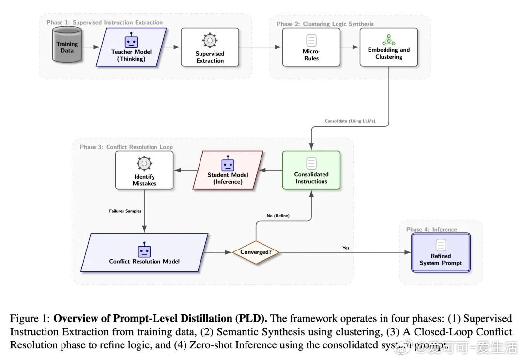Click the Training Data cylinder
point(67,47)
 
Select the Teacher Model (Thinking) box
point(131,47)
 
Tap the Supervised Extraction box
point(210,47)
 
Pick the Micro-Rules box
point(311,47)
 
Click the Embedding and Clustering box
point(388,47)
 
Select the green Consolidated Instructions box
point(311,170)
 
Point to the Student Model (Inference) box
point(228,170)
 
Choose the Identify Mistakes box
point(144,170)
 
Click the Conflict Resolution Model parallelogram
point(144,252)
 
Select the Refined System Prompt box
point(441,252)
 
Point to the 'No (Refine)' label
point(278,216)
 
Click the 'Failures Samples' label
point(125,211)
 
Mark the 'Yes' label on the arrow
point(346,248)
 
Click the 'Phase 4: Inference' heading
point(431,230)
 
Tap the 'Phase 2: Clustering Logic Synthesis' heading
point(325,24)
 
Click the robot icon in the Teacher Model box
point(131,41)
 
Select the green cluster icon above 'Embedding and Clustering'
point(388,40)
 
